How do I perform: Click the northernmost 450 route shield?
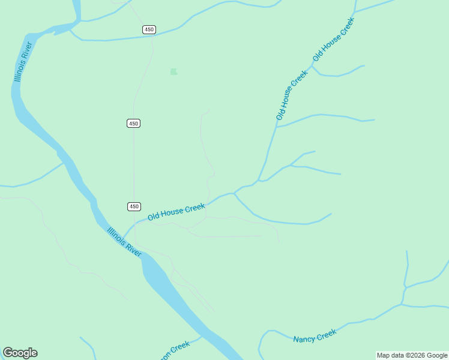click(149, 30)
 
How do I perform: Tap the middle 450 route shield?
click(133, 123)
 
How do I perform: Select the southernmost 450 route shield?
click(134, 206)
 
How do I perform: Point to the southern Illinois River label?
click(124, 242)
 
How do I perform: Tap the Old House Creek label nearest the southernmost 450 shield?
click(176, 211)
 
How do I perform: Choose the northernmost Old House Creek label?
click(334, 39)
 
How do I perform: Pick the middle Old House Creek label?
click(292, 95)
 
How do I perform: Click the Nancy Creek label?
click(315, 336)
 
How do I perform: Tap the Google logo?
click(20, 353)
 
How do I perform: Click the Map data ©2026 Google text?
click(412, 355)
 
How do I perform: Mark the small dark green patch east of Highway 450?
click(173, 71)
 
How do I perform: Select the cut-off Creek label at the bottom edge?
click(175, 350)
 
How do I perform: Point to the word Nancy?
click(304, 338)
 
